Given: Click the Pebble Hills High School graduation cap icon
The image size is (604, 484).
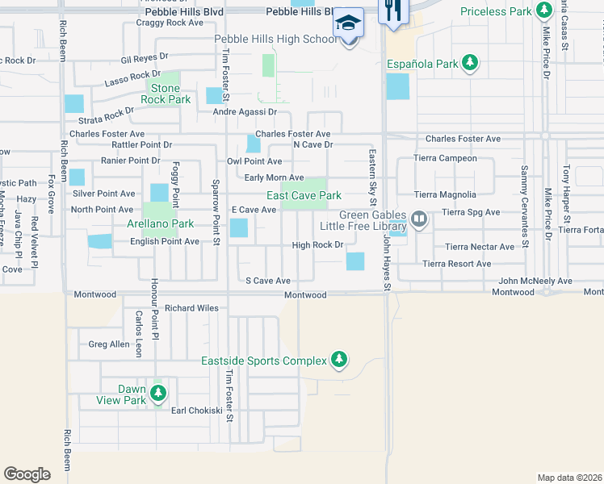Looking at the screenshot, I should coord(349,22).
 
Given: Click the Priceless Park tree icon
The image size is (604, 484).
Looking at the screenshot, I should coord(545,10).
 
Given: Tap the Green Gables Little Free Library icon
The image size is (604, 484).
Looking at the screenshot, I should coord(418,219).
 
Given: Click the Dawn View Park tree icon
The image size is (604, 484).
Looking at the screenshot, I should coord(159,394).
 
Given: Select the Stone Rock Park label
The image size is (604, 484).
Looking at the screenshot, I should coord(165,94).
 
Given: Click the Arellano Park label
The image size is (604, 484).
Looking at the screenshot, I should coord(160,223).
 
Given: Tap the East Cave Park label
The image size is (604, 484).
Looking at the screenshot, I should coord(304,195).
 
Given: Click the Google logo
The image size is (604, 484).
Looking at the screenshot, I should coord(27,474).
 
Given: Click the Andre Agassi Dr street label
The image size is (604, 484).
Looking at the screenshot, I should coord(245,112).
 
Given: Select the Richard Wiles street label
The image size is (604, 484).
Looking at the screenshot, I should coord(191,307).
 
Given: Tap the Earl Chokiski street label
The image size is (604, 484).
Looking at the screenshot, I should coord(196,410).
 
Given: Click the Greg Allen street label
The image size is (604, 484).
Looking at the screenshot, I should coord(109,344).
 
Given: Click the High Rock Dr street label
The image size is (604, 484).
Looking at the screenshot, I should coord(318,245).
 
